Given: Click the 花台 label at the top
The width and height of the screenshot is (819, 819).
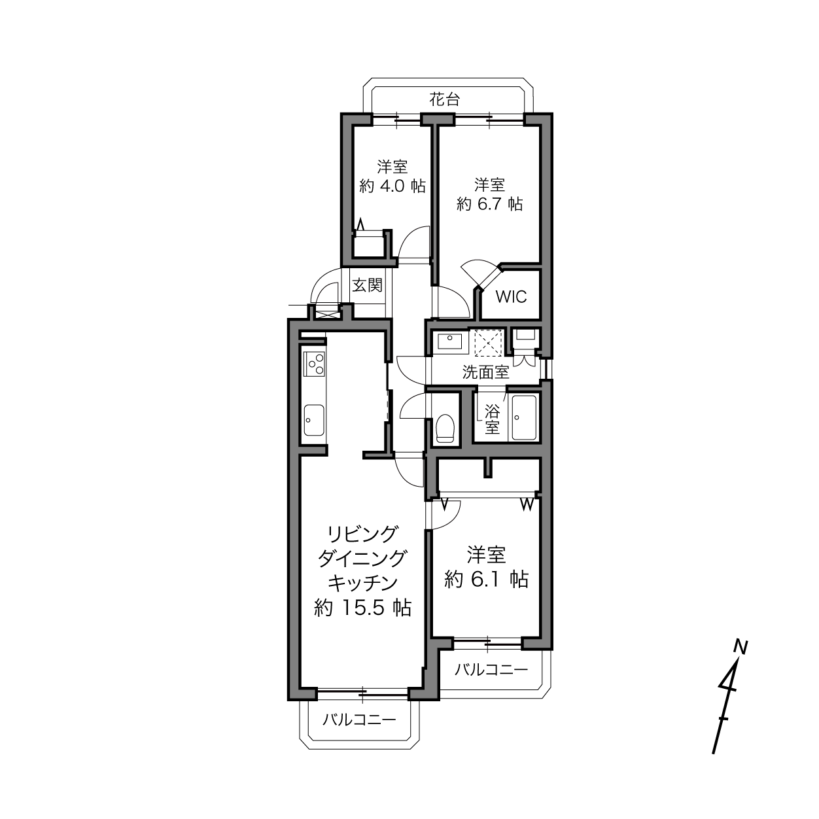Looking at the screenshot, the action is click(444, 100).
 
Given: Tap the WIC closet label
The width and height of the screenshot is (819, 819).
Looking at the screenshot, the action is click(511, 297).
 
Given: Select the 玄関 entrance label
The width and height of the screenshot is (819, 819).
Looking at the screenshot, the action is click(367, 285).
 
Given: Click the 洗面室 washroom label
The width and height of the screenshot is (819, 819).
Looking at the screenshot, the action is click(485, 373).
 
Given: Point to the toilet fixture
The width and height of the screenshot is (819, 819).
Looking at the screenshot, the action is click(445, 428).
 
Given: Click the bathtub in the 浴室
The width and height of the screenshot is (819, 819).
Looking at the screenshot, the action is click(524, 418).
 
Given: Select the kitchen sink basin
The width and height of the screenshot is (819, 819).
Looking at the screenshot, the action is click(314, 420).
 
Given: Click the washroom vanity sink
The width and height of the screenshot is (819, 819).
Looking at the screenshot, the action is click(449, 341).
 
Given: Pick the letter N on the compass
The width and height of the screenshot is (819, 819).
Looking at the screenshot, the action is click(741, 647).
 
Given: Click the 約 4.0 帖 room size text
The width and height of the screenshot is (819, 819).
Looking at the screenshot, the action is click(392, 186).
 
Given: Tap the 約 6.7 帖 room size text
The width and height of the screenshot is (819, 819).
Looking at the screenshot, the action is click(489, 205).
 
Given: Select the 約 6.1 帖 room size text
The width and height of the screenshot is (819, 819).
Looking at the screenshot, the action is click(487, 579).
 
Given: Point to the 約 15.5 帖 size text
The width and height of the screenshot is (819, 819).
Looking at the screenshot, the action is click(362, 608).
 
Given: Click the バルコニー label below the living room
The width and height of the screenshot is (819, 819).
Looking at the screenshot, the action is click(359, 720).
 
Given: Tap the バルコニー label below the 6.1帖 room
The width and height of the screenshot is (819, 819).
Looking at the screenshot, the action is click(491, 671).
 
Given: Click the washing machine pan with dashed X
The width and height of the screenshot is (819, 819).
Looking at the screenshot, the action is click(489, 343).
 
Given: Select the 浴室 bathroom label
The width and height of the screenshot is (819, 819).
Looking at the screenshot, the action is click(492, 419).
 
